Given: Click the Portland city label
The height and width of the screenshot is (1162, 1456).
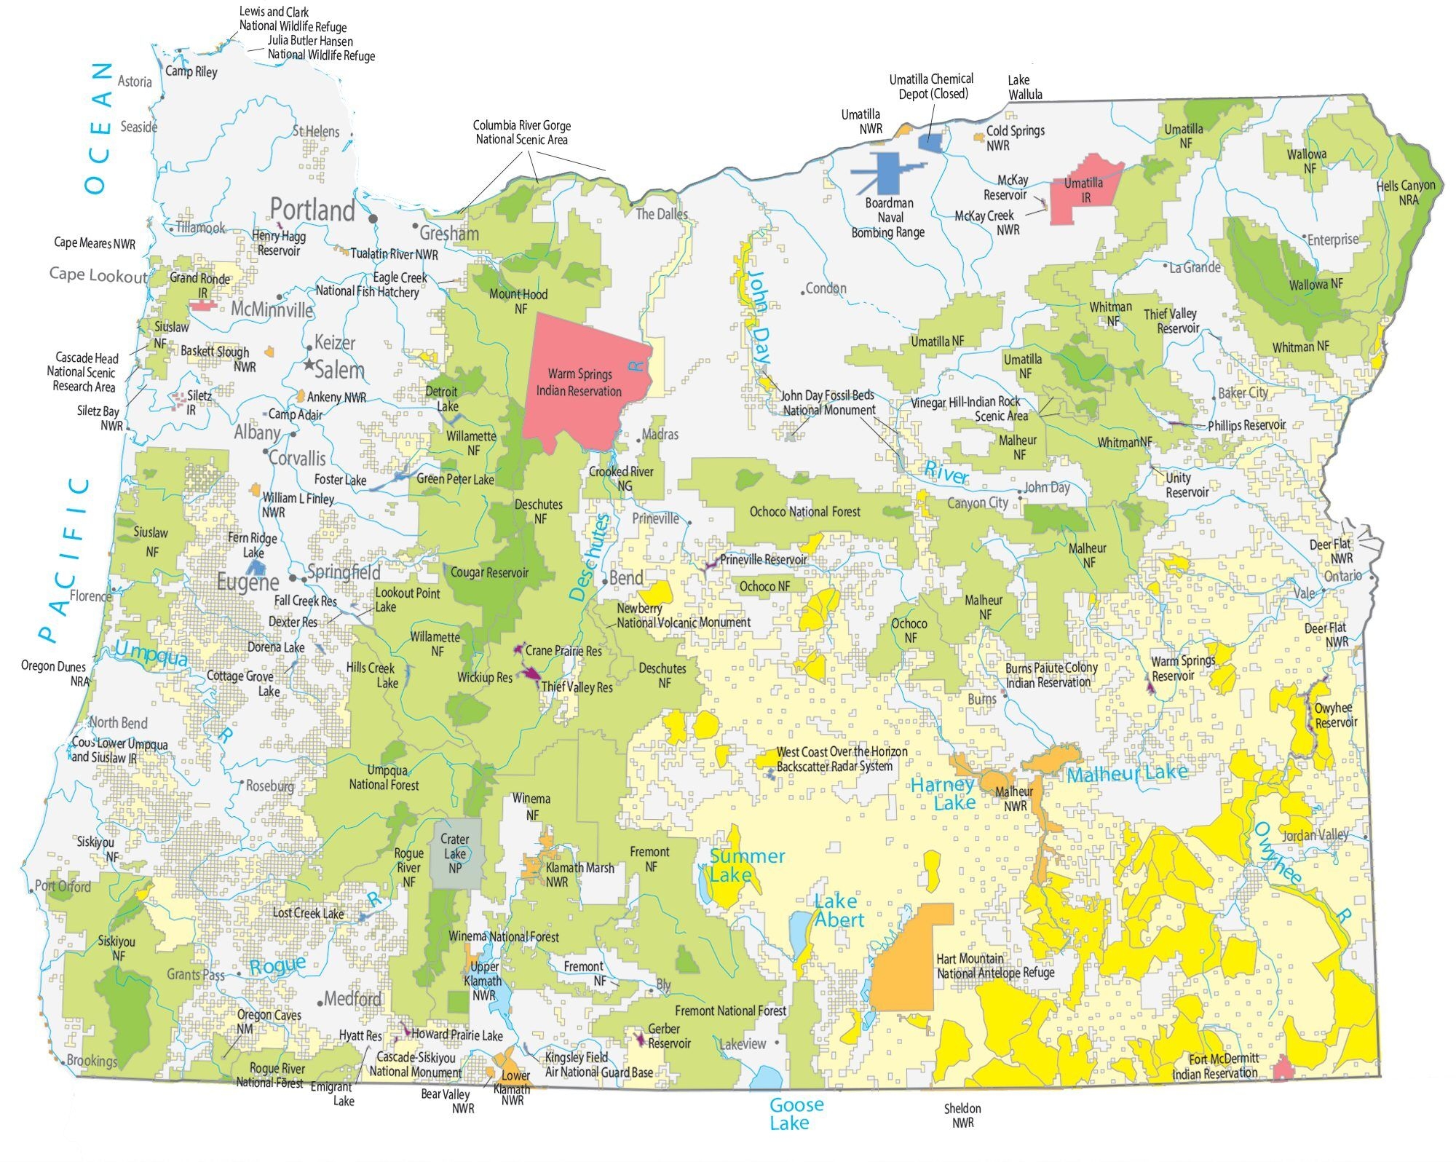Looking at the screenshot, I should click(x=312, y=210).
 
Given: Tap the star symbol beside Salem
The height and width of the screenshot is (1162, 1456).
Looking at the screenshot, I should click(x=309, y=364).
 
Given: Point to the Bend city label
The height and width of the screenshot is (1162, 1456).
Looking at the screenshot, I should click(x=626, y=579).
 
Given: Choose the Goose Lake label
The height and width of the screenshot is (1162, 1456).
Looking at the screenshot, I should click(x=796, y=1113).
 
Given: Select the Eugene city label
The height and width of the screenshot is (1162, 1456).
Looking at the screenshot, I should click(x=248, y=582).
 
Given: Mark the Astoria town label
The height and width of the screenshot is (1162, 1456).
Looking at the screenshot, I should click(x=135, y=82).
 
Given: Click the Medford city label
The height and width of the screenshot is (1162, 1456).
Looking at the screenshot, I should click(x=352, y=998).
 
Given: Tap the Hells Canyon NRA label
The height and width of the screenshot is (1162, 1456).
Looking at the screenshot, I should click(x=1406, y=192).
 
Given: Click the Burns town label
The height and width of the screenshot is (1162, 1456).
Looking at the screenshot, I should click(x=981, y=699).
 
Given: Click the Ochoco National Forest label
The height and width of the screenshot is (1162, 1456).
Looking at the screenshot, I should click(x=804, y=512).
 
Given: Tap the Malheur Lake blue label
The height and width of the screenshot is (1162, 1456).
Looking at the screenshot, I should click(x=1127, y=774).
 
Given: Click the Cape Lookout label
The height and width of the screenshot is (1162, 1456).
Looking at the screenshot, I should click(x=98, y=274).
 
